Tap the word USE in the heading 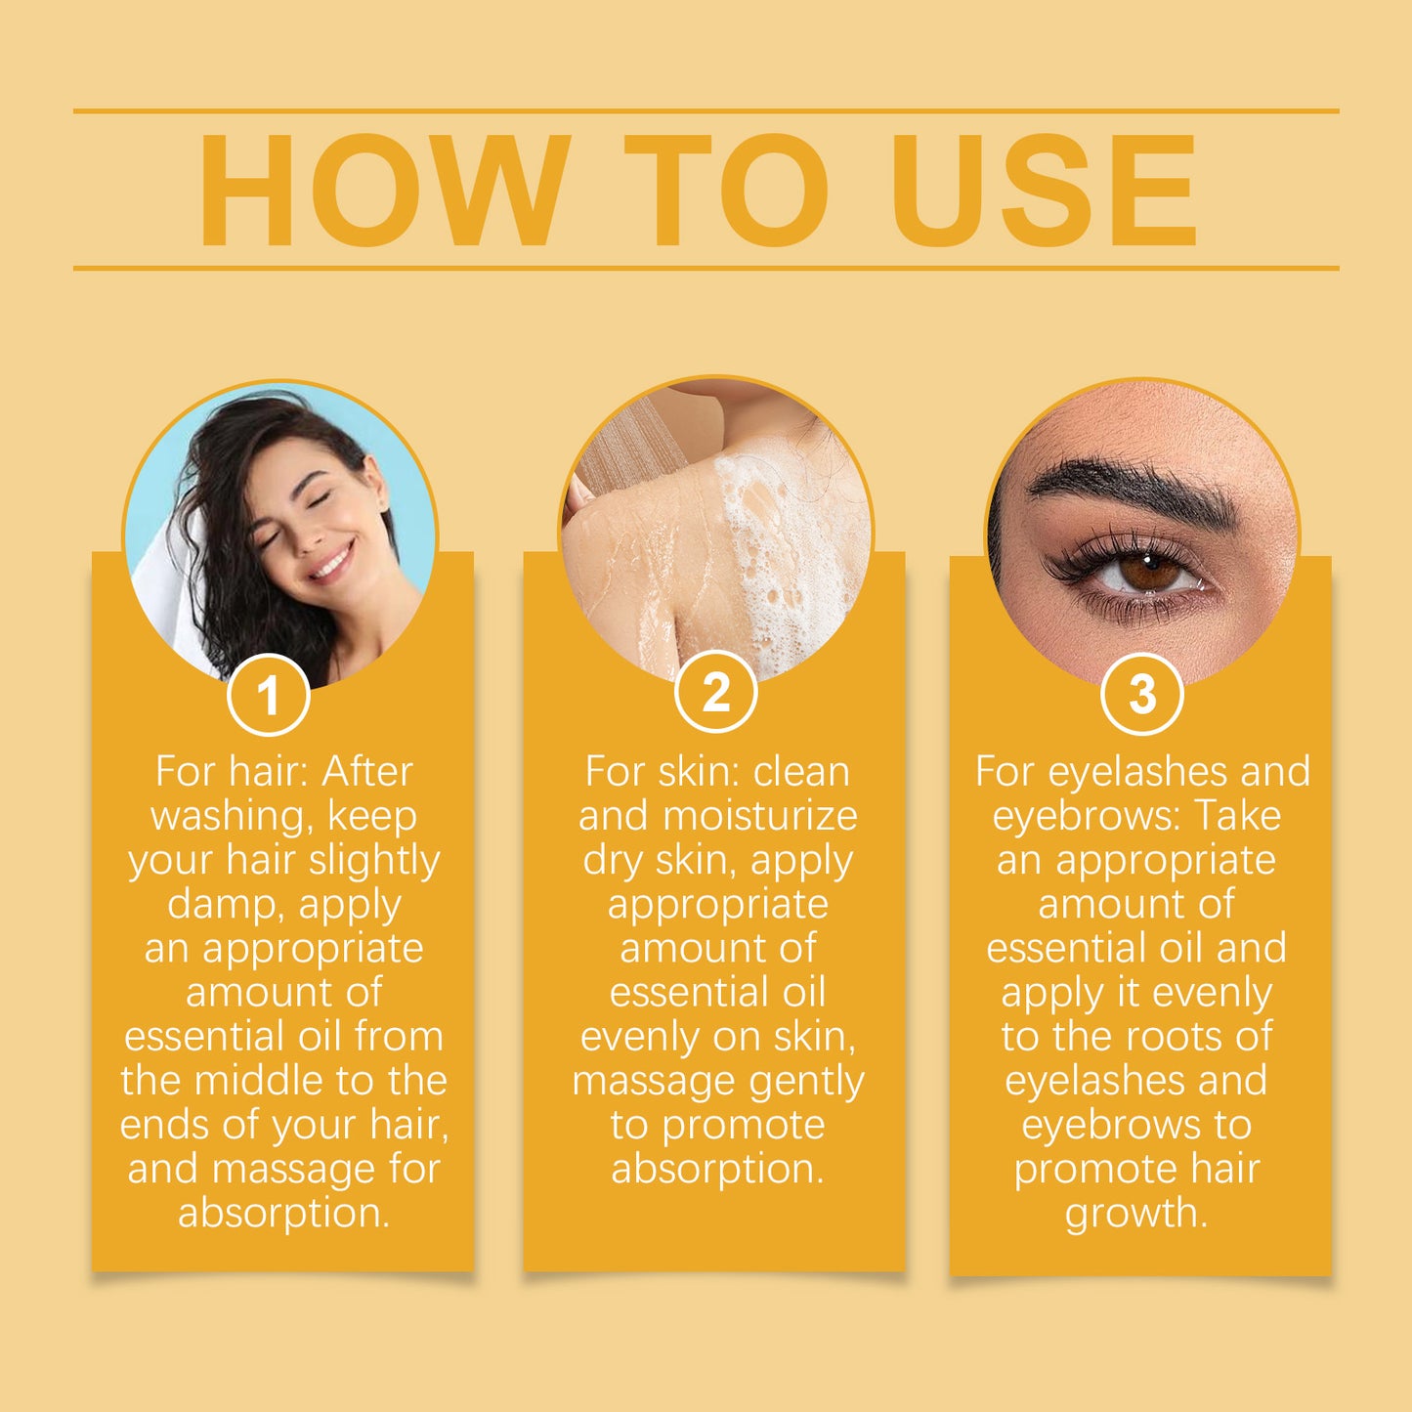(x=1044, y=193)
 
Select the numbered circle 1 (x=268, y=696)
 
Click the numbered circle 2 (x=715, y=693)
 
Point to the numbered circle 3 (x=1141, y=695)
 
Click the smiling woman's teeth (x=331, y=565)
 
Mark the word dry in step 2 (x=613, y=861)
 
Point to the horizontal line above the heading (x=706, y=111)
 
